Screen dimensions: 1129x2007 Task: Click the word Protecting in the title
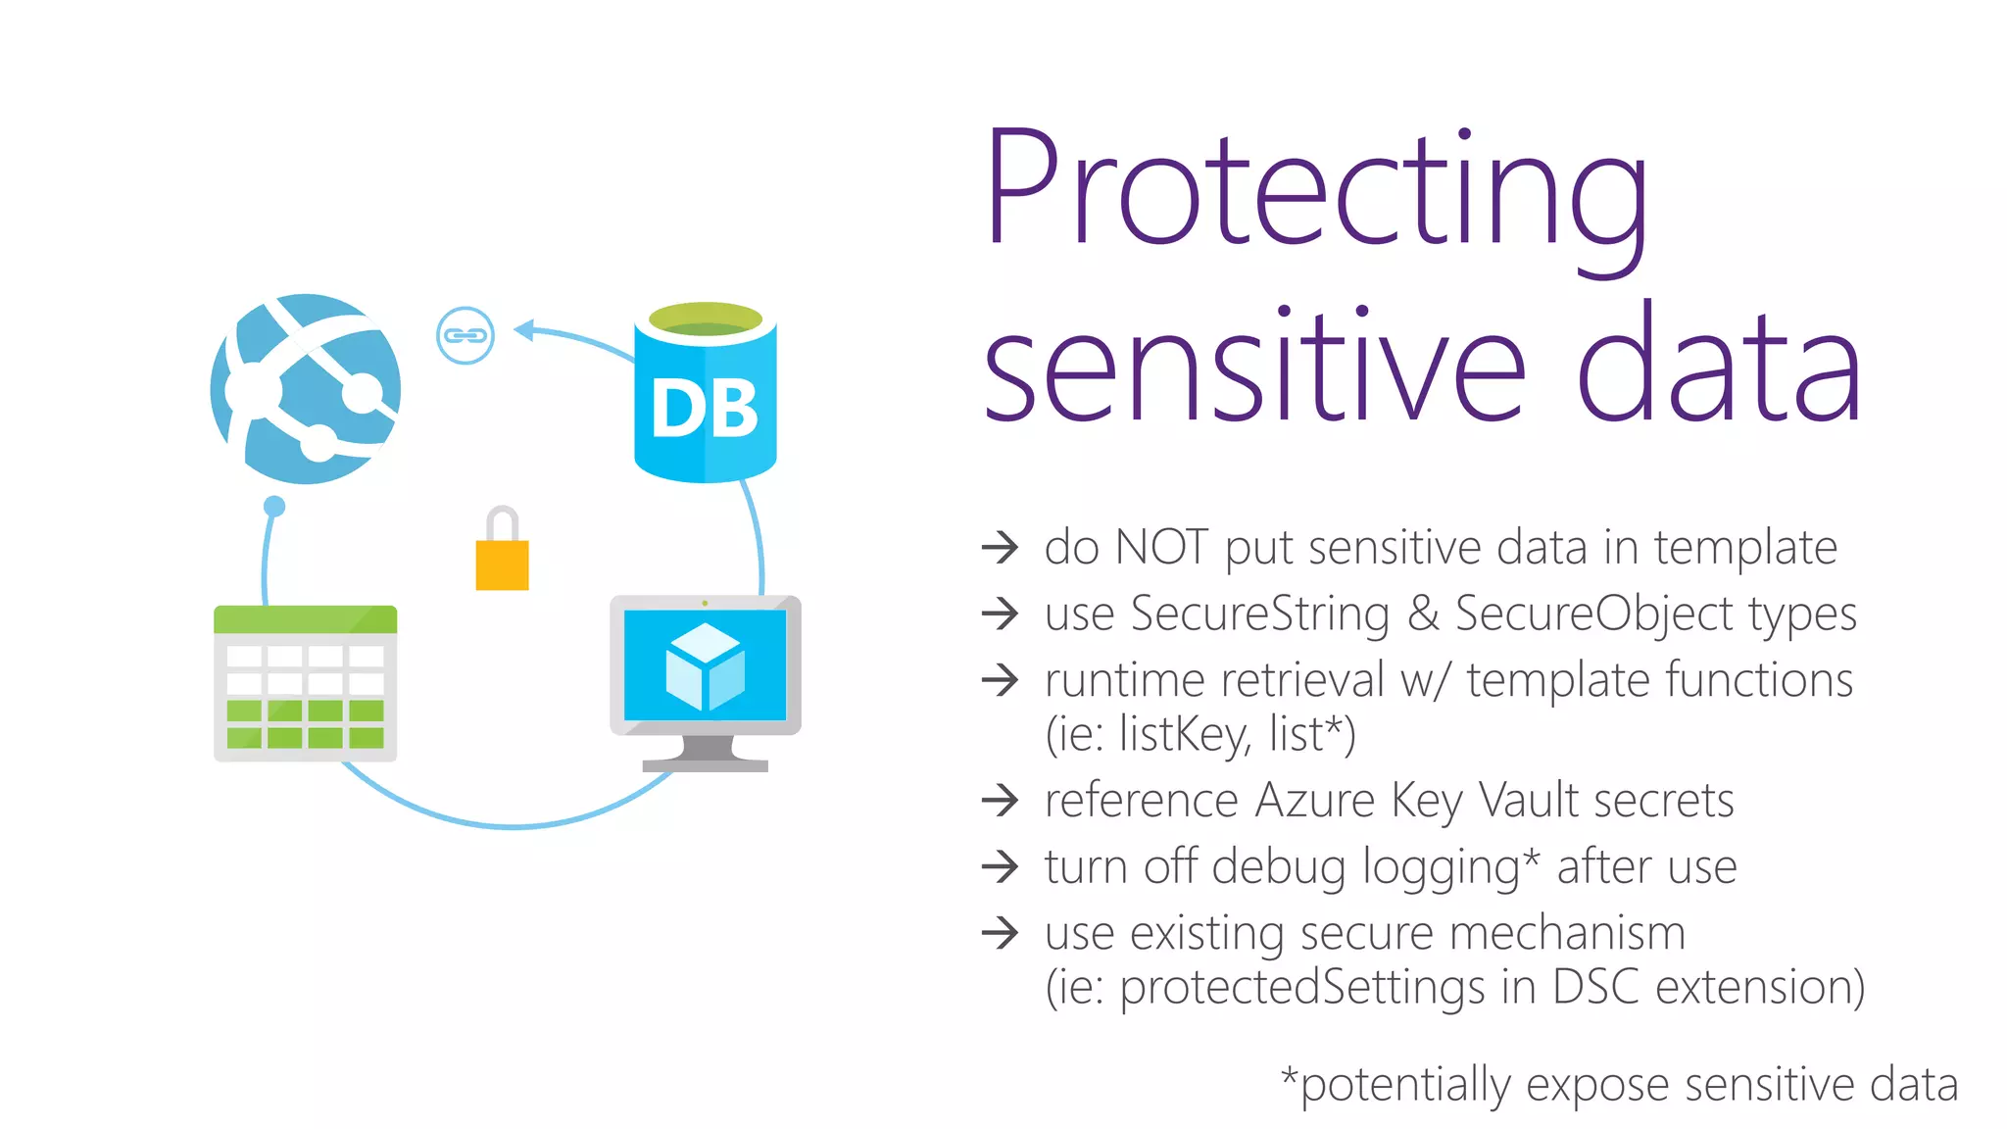point(1318,191)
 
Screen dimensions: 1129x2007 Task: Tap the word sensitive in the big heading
point(1254,368)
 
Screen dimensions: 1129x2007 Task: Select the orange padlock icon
point(502,554)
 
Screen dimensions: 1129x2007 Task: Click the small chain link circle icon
point(465,335)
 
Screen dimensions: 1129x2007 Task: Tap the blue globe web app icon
point(306,389)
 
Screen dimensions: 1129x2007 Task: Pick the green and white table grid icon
point(306,683)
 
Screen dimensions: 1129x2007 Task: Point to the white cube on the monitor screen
point(705,667)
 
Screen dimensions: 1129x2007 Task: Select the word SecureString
point(1259,614)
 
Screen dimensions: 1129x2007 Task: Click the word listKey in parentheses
point(1185,735)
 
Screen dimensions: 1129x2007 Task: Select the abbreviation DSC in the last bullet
point(1595,987)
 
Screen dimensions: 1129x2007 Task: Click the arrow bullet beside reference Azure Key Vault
point(1001,800)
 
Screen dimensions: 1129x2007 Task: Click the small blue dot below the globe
point(274,506)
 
